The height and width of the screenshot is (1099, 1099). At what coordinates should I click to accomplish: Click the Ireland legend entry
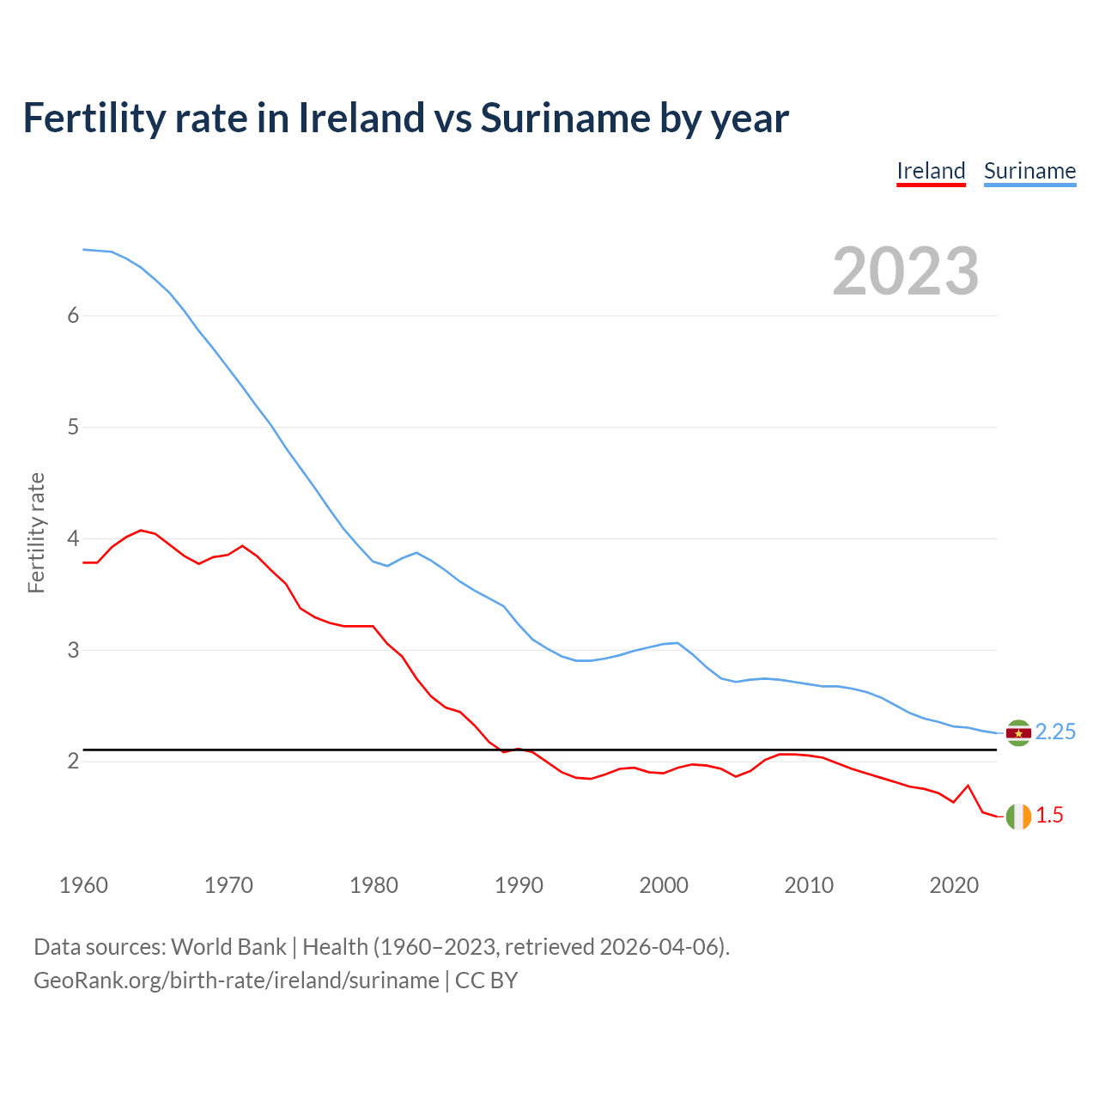coord(931,171)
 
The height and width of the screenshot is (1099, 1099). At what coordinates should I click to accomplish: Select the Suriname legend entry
coord(1029,171)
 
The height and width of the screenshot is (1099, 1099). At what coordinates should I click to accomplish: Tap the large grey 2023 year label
coord(906,271)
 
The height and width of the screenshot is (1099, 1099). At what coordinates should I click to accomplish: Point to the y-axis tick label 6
coord(73,315)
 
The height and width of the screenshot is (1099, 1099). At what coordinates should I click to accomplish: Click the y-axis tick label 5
coord(73,427)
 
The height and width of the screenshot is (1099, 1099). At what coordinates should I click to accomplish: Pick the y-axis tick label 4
coord(73,538)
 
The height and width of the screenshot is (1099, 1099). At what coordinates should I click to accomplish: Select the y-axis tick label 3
coord(73,650)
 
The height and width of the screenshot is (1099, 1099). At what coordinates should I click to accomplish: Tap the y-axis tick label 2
coord(73,762)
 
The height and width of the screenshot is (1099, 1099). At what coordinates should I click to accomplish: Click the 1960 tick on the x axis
coord(83,885)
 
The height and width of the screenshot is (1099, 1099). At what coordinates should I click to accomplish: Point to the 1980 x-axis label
coord(373,885)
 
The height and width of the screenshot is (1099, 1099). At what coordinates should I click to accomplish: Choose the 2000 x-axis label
coord(664,885)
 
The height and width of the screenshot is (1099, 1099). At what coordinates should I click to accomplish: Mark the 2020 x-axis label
coord(954,885)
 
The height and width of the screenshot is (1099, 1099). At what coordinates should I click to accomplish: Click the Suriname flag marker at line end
coord(1018,732)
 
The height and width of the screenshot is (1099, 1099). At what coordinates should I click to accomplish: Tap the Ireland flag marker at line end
coord(1018,817)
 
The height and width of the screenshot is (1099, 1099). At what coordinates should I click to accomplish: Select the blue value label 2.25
coord(1055,732)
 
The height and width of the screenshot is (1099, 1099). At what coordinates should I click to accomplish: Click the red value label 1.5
coord(1049,816)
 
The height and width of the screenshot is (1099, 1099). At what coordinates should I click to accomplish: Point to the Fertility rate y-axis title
coord(36,532)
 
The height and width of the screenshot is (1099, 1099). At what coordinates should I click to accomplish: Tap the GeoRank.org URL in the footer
coord(236,981)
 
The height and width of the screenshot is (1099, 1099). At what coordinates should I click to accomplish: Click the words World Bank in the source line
coord(228,947)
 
